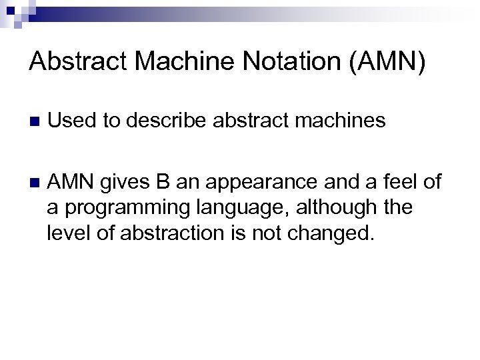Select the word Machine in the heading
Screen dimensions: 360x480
178,64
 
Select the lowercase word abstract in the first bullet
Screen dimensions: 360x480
249,121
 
